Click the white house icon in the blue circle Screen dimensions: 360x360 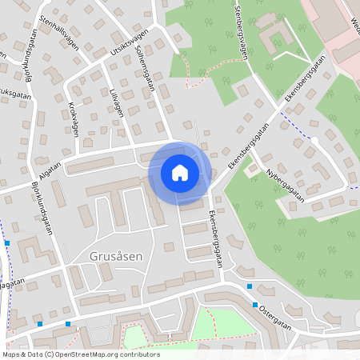click(180, 172)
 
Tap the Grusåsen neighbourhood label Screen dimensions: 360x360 click(117, 257)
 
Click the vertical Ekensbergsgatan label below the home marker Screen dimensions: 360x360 click(214, 235)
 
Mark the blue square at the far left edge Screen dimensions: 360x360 click(6, 242)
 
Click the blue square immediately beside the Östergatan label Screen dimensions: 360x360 click(255, 305)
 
